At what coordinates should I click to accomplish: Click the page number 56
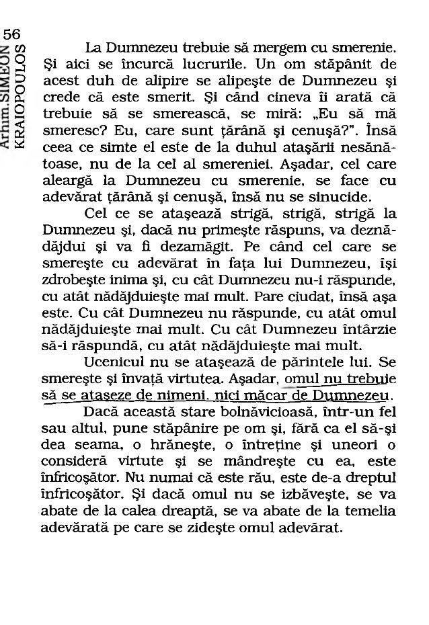pyautogui.click(x=11, y=34)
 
